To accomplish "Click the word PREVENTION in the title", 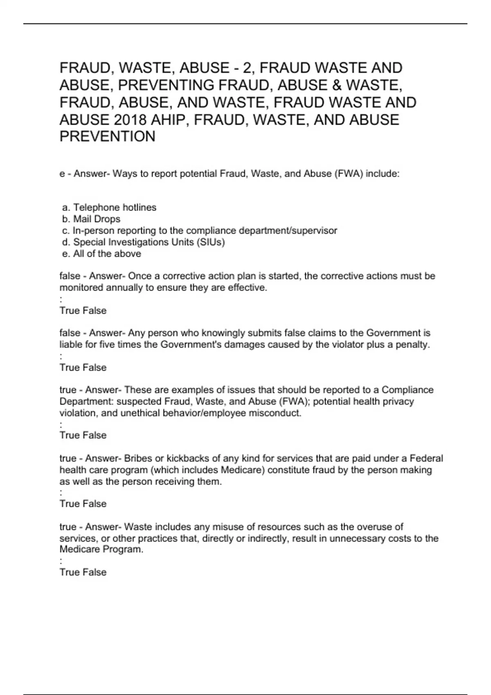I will click(108, 137).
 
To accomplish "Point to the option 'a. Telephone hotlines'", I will click(109, 208).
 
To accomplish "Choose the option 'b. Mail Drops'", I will click(91, 219).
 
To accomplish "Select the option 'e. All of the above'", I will click(101, 254).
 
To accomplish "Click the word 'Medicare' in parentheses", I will click(245, 470).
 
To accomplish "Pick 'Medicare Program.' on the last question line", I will click(101, 549).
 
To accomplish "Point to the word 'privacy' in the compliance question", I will click(398, 401).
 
